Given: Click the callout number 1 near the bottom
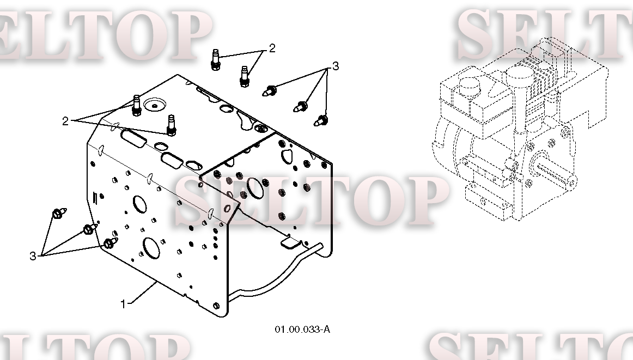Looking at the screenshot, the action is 124,303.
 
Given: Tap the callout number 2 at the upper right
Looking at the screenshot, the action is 272,48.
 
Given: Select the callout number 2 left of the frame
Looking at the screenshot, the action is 65,121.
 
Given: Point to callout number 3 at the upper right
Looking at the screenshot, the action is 336,66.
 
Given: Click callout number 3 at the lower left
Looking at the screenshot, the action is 33,255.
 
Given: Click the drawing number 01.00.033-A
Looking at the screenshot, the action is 302,330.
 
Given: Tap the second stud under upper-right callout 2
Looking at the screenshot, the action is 244,76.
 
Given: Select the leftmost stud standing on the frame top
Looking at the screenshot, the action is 136,106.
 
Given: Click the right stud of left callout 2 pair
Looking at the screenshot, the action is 172,125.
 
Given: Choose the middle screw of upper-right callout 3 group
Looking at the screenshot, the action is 301,107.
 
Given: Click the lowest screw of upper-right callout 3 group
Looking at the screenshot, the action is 321,120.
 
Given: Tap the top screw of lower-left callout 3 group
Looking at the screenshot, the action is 59,213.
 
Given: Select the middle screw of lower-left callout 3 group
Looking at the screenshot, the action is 90,228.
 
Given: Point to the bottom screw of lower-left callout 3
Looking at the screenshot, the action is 110,243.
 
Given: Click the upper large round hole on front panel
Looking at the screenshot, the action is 139,204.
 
